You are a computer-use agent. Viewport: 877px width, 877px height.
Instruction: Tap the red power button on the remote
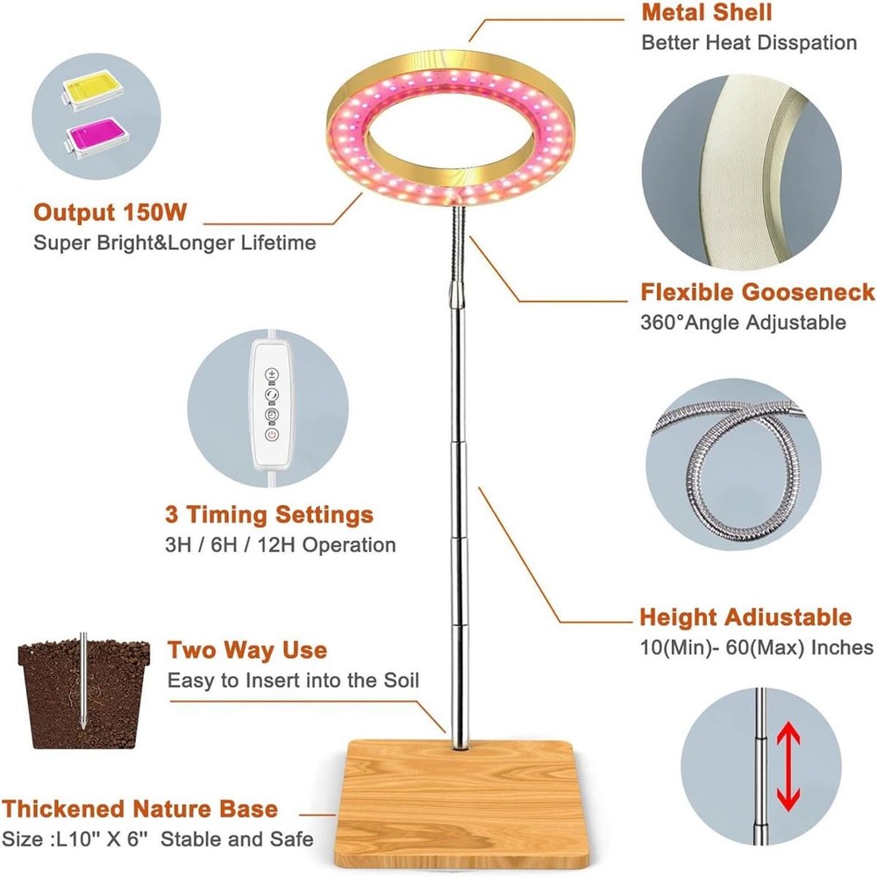tap(272, 435)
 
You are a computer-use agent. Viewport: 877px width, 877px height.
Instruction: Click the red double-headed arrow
tap(788, 766)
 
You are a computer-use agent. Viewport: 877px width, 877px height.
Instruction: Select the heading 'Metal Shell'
tap(706, 12)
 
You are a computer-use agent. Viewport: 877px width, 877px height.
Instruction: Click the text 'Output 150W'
tap(110, 212)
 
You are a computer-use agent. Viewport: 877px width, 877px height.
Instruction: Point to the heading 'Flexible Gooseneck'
tap(758, 292)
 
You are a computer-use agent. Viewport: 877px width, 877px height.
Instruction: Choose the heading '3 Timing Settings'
tap(269, 515)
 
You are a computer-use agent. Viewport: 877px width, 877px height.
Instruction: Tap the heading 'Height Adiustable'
tap(745, 617)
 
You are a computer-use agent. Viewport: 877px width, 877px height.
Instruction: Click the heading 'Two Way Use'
tap(247, 650)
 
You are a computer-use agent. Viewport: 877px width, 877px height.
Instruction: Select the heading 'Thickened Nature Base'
tap(139, 809)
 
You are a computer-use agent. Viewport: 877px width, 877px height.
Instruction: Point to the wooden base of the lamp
tap(456, 804)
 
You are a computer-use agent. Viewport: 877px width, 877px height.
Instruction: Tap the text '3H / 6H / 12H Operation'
tap(281, 545)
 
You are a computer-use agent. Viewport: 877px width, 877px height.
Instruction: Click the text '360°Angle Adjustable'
tap(743, 322)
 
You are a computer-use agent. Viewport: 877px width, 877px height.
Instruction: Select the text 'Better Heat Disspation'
tap(749, 42)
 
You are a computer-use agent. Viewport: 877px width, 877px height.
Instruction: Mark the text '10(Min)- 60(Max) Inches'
tap(756, 647)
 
